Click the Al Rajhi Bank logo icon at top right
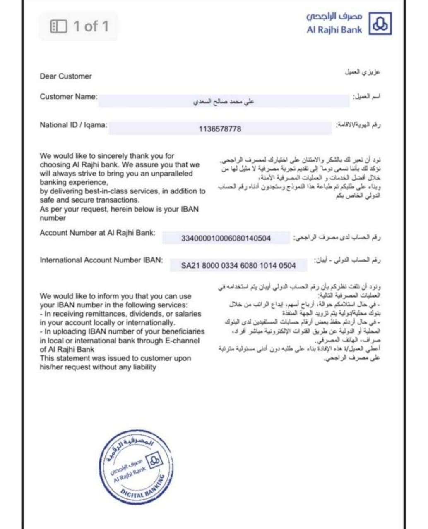(x=380, y=24)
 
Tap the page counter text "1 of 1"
(x=91, y=26)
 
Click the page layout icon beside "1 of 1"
(x=58, y=26)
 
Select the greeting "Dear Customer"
(x=66, y=76)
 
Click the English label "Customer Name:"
(x=68, y=97)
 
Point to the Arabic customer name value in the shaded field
(x=224, y=101)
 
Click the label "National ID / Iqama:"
(x=73, y=125)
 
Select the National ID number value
(x=220, y=129)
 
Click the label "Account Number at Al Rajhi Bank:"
(x=97, y=233)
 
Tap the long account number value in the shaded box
(x=226, y=238)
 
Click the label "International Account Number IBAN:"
(x=101, y=260)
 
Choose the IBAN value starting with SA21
(x=238, y=265)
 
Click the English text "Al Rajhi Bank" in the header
(x=334, y=30)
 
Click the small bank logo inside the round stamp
(x=155, y=461)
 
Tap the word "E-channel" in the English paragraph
(x=182, y=341)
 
